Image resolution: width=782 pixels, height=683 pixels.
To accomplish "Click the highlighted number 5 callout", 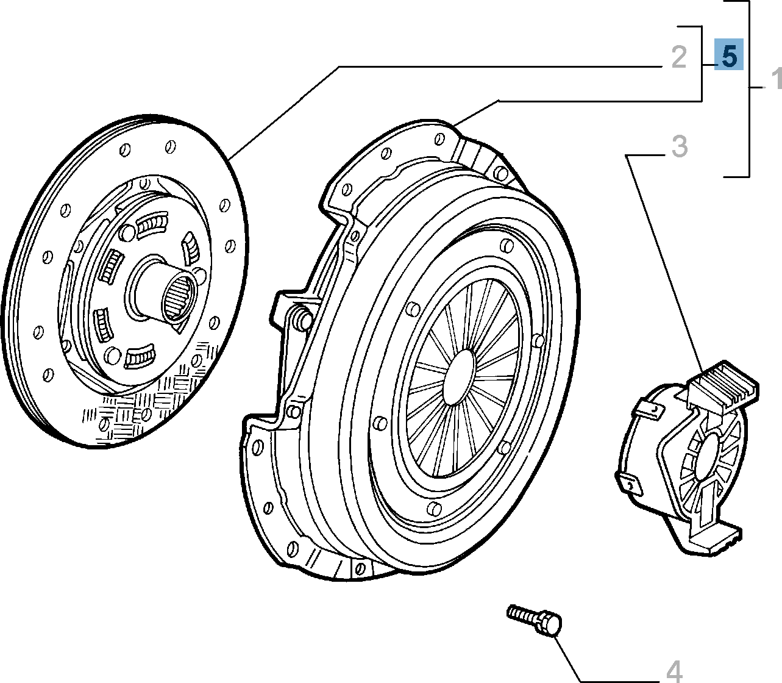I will (x=729, y=56).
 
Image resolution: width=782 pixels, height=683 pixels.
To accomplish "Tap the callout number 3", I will (x=680, y=146).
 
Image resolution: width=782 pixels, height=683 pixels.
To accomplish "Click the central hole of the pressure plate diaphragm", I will (x=459, y=377).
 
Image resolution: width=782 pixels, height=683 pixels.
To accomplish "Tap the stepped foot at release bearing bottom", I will (x=713, y=540).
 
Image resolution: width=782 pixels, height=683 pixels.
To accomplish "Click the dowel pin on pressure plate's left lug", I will (x=300, y=318).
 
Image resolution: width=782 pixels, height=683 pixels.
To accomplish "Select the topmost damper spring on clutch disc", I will (x=151, y=224).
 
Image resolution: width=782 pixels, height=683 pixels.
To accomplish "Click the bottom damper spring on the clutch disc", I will (x=140, y=357).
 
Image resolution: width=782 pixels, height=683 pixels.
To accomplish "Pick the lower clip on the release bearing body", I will (x=630, y=484).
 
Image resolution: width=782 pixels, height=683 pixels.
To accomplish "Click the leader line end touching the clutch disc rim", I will (x=232, y=158).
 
